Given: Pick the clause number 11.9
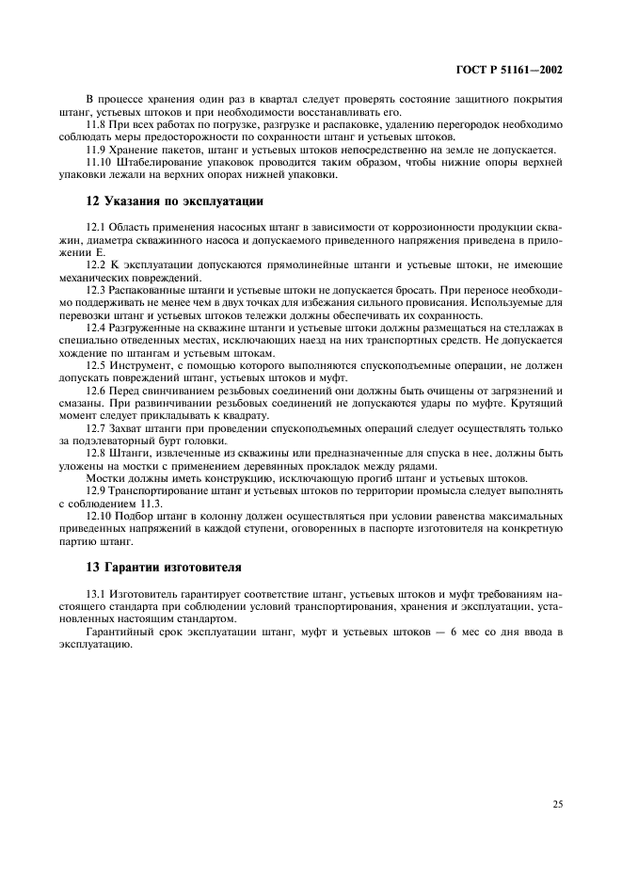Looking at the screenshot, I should [95, 149].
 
